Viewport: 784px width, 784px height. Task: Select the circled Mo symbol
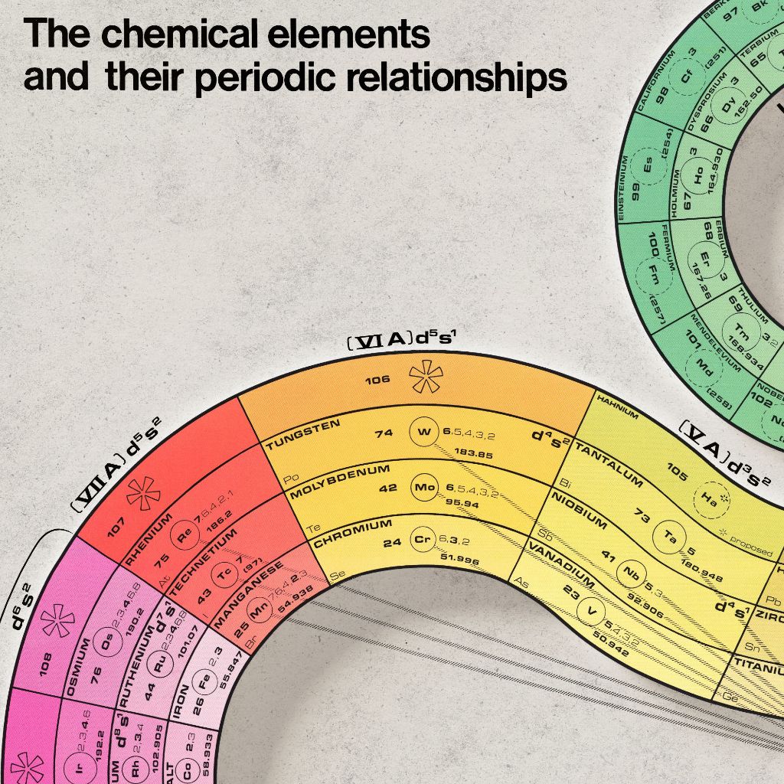[x=423, y=487]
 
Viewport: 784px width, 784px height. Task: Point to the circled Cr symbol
[x=423, y=540]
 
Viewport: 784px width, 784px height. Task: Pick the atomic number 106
[x=377, y=379]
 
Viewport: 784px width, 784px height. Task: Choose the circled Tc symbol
[x=224, y=573]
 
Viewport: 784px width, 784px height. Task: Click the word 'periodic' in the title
[x=264, y=77]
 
